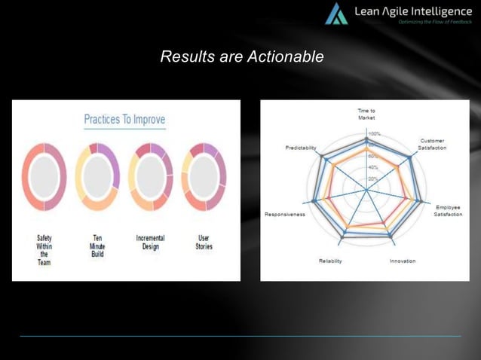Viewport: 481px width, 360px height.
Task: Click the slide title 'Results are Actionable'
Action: click(x=242, y=56)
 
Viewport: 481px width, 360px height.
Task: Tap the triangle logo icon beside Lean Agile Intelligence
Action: click(x=336, y=14)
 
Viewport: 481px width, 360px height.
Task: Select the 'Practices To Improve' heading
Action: click(x=124, y=120)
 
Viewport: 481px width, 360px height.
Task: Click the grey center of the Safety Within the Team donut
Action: click(x=44, y=176)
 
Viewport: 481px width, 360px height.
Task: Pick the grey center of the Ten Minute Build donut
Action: click(x=97, y=176)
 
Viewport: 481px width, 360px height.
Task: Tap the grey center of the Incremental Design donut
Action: click(x=151, y=176)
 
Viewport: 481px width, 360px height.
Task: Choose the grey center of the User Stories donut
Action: click(x=204, y=176)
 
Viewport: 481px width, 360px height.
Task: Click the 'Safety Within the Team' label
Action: click(x=44, y=250)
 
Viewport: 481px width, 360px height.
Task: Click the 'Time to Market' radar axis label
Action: click(x=366, y=114)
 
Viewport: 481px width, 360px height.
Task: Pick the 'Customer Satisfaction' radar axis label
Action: click(x=432, y=144)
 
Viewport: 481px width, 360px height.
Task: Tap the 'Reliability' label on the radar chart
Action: click(x=330, y=261)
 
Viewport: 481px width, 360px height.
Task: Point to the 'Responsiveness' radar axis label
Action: click(x=284, y=215)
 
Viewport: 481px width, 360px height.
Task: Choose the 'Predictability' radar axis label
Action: click(x=301, y=147)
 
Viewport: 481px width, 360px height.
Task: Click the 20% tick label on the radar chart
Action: click(x=372, y=178)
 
